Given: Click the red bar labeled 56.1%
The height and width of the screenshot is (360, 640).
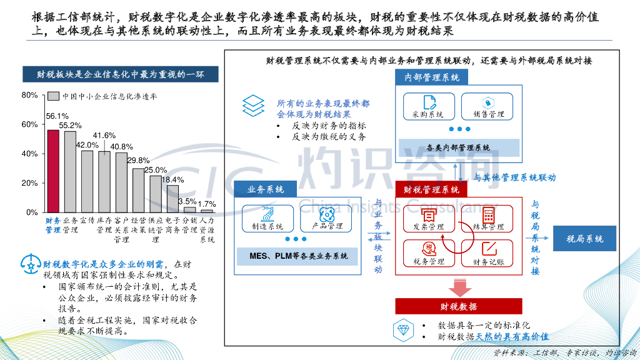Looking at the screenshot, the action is point(53,171).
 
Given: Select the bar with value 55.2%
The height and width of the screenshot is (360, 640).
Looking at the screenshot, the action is point(70,172).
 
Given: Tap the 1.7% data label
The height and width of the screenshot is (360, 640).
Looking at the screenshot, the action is point(207,204).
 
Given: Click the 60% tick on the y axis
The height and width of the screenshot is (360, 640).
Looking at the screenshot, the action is point(30,124).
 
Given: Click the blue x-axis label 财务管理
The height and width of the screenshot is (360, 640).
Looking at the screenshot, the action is point(53,225).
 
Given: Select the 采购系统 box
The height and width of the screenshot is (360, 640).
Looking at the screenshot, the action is point(428,107).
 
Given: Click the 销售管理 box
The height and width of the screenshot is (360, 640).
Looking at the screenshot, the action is point(487,107).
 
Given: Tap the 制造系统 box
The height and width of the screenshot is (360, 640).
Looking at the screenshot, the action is point(267,219).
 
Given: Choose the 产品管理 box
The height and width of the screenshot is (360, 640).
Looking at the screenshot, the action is point(326,219).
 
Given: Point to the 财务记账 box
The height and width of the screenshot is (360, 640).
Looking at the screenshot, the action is point(488,254).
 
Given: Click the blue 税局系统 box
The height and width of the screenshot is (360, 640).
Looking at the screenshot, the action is point(584,239).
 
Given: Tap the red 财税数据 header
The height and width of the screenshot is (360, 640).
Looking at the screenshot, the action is point(458,306).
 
